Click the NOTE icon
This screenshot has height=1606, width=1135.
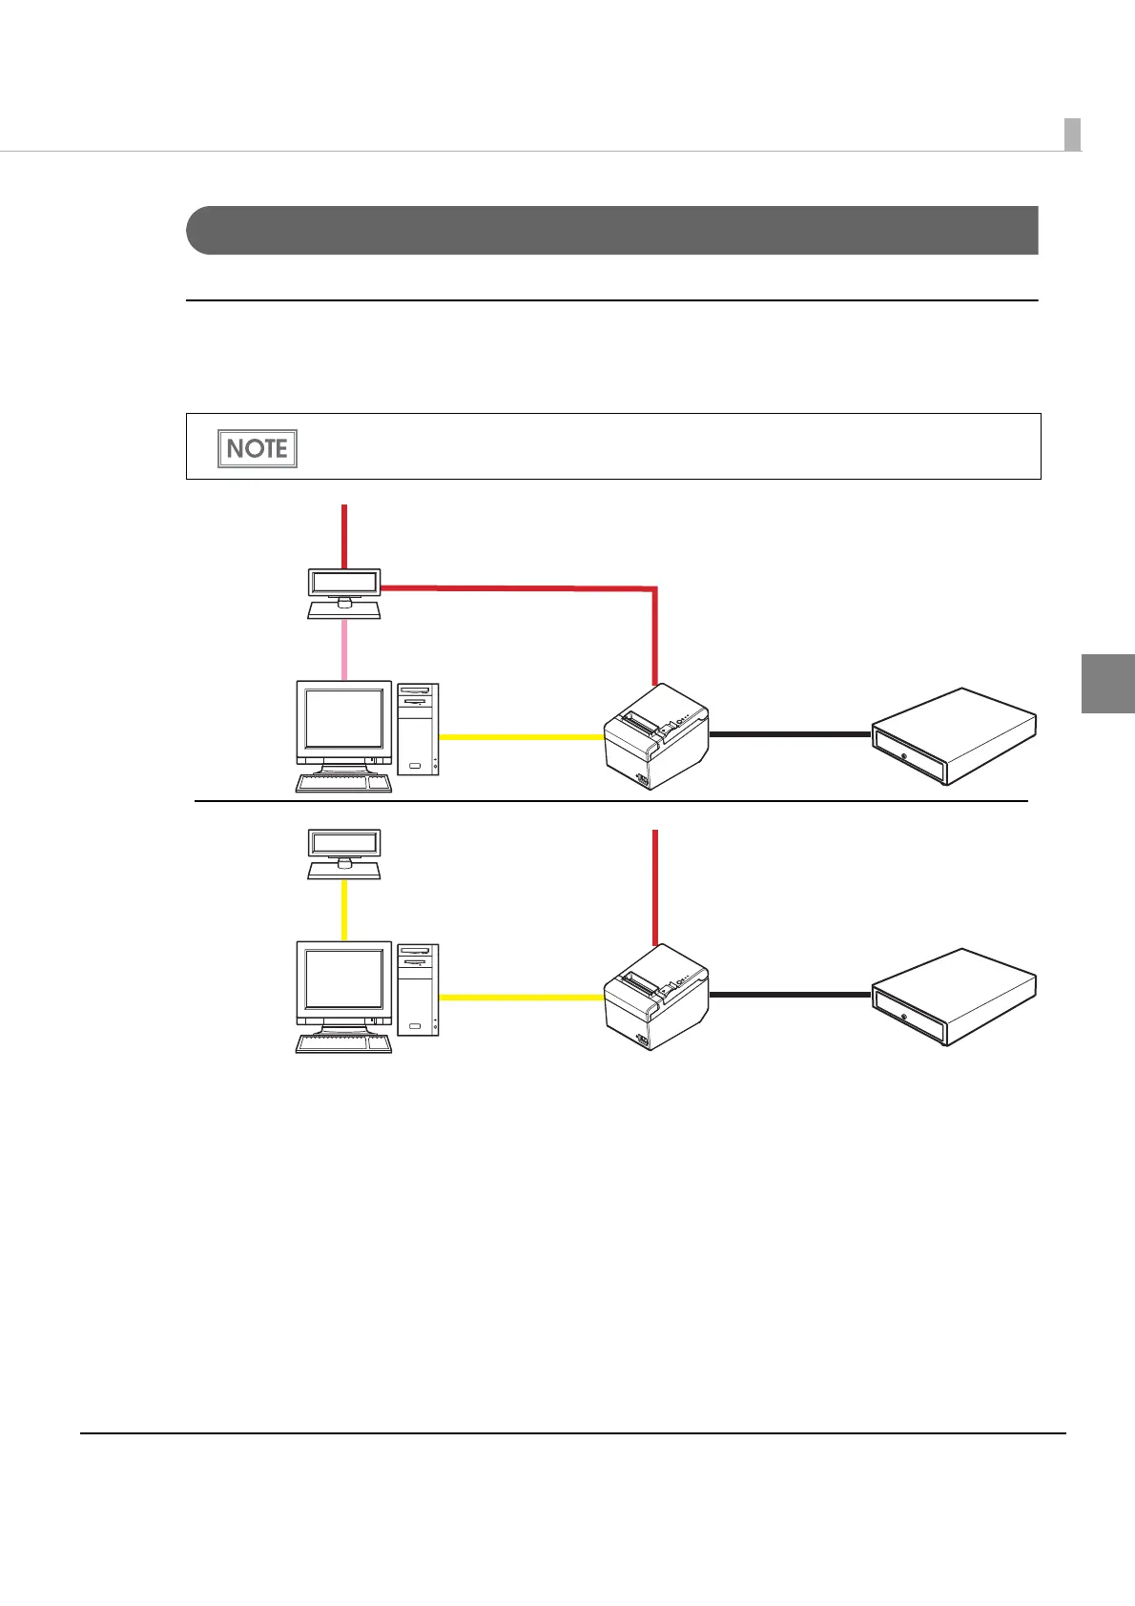pyautogui.click(x=258, y=448)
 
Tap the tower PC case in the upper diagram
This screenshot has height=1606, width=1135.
pyautogui.click(x=419, y=729)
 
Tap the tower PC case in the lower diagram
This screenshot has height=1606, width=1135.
pyautogui.click(x=419, y=990)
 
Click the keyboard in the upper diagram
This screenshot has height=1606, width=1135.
pyautogui.click(x=344, y=784)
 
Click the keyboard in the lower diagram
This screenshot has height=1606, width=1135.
pyautogui.click(x=344, y=1043)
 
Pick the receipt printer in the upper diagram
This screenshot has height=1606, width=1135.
pyautogui.click(x=656, y=735)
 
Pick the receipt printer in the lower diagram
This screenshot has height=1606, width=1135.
pyautogui.click(x=656, y=996)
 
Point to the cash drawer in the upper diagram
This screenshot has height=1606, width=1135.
pyautogui.click(x=954, y=735)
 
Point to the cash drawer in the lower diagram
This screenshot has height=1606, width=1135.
pyautogui.click(x=954, y=996)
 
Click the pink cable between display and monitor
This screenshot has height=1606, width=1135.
pyautogui.click(x=344, y=649)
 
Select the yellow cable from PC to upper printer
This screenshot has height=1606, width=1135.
pyautogui.click(x=522, y=737)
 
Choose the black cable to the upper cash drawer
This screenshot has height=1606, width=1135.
pyautogui.click(x=791, y=734)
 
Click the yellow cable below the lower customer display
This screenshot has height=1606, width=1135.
pyautogui.click(x=344, y=910)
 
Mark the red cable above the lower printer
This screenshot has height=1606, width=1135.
pyautogui.click(x=655, y=887)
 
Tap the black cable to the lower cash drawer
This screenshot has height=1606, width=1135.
pyautogui.click(x=791, y=995)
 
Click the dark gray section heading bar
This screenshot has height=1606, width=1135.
pyautogui.click(x=611, y=230)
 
